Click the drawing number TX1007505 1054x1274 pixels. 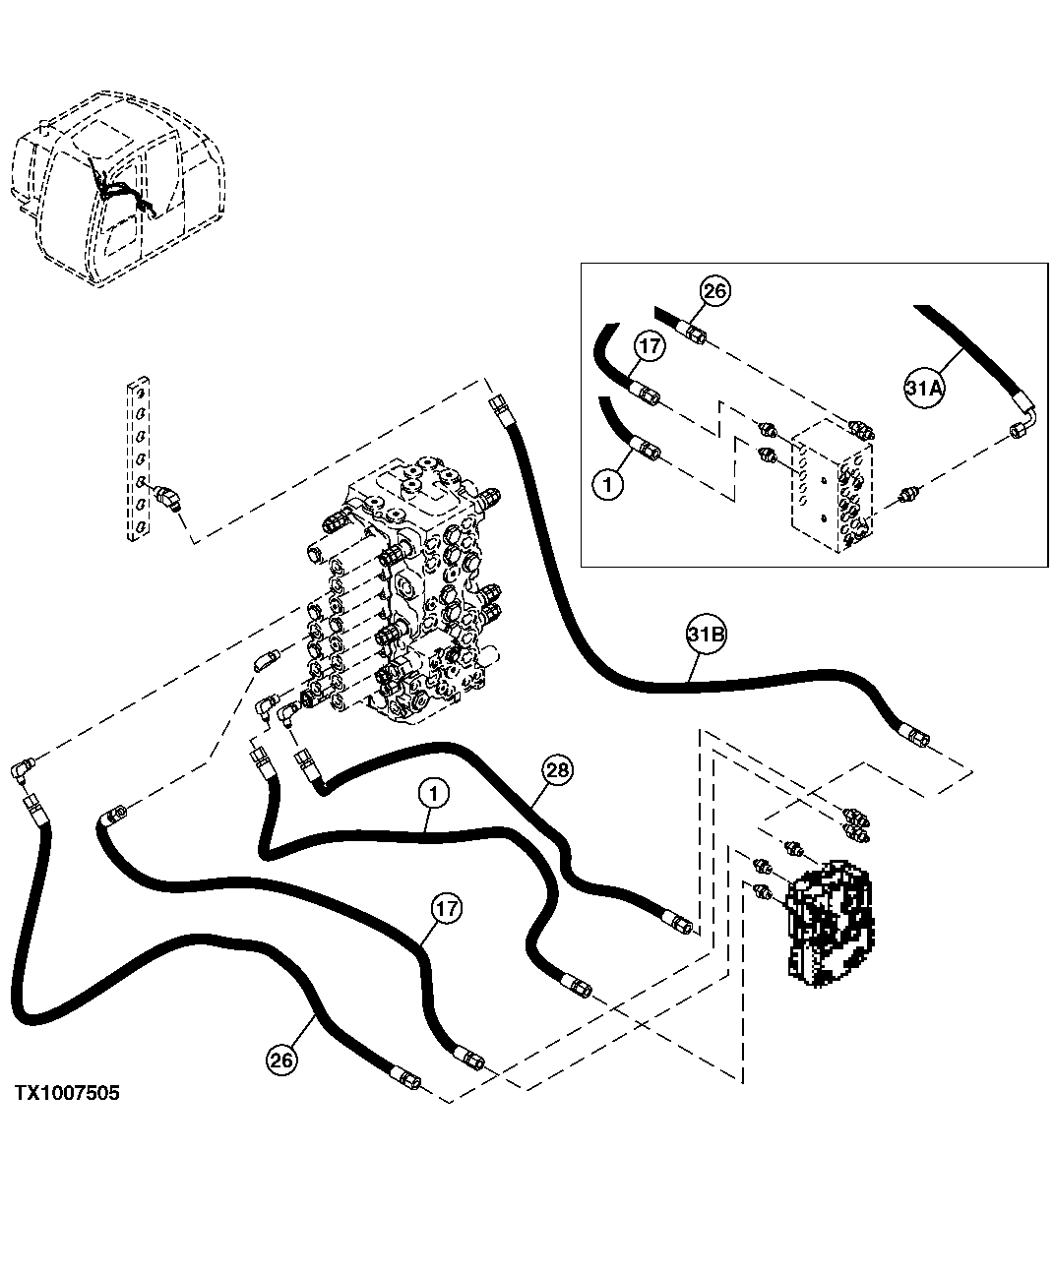(x=67, y=1093)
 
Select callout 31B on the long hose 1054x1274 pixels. (x=707, y=637)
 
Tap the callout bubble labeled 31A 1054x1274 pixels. (x=923, y=389)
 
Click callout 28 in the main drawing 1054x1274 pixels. (x=557, y=770)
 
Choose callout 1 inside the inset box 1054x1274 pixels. (x=607, y=485)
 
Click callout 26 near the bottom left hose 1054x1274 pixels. (x=280, y=1059)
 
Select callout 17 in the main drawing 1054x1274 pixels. (x=446, y=909)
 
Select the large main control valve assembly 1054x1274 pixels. (x=403, y=590)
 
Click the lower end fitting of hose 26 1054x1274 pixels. (x=406, y=1079)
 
